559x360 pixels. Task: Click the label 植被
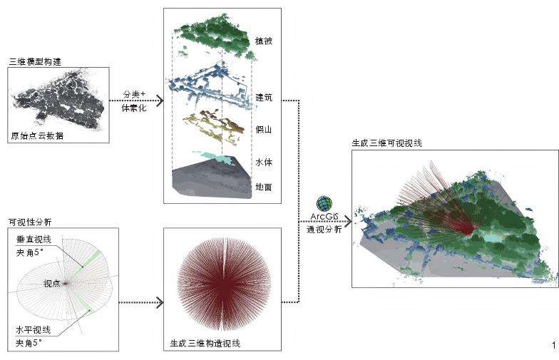click(x=264, y=41)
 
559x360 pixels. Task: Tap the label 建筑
click(x=264, y=97)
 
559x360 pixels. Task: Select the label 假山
click(x=264, y=130)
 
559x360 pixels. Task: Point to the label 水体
click(x=264, y=163)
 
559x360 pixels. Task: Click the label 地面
click(x=264, y=187)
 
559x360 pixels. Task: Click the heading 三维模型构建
click(x=36, y=61)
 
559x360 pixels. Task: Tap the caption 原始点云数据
click(x=37, y=135)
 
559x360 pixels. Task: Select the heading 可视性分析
click(x=30, y=222)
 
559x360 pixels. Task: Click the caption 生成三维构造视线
click(x=205, y=344)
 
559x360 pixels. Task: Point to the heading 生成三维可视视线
click(x=387, y=143)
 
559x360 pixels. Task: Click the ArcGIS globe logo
click(x=324, y=204)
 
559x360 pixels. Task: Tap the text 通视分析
click(x=324, y=230)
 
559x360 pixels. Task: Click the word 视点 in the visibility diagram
click(x=52, y=284)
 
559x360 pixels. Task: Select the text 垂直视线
click(x=34, y=240)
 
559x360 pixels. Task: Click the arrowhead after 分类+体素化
click(x=160, y=101)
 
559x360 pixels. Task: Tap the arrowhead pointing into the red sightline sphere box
click(x=160, y=302)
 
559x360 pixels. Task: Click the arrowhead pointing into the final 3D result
click(x=348, y=221)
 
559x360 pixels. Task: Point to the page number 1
click(x=554, y=345)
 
